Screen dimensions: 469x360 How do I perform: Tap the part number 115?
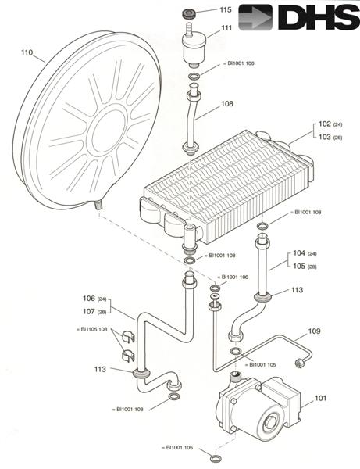tap(226, 10)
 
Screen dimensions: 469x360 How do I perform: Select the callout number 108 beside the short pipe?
tap(227, 103)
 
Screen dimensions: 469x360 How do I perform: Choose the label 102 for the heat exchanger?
tap(323, 124)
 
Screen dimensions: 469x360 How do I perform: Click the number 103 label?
tap(323, 136)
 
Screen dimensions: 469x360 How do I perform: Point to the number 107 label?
tap(88, 311)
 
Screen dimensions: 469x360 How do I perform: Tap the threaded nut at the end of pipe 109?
tap(299, 363)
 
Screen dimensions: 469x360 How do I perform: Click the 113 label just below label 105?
tap(297, 289)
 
